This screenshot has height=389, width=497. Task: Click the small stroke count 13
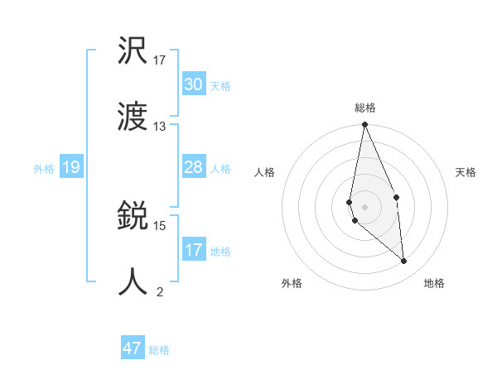[160, 127]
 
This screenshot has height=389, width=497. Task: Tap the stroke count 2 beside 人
[160, 291]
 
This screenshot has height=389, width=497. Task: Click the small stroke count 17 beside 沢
[160, 60]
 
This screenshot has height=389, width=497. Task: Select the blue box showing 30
[194, 84]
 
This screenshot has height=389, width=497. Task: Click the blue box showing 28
[194, 167]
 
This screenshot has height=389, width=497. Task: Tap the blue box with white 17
[194, 249]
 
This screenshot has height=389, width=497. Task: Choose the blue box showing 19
[71, 167]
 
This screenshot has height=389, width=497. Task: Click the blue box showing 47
[133, 348]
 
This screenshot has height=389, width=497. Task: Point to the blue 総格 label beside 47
[159, 350]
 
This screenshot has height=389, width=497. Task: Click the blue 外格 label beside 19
[44, 169]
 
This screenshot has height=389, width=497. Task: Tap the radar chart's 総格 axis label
[365, 108]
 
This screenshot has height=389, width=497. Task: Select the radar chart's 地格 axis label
[434, 283]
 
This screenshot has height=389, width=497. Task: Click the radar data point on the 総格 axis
[364, 125]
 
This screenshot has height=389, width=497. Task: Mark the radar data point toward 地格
[404, 261]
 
